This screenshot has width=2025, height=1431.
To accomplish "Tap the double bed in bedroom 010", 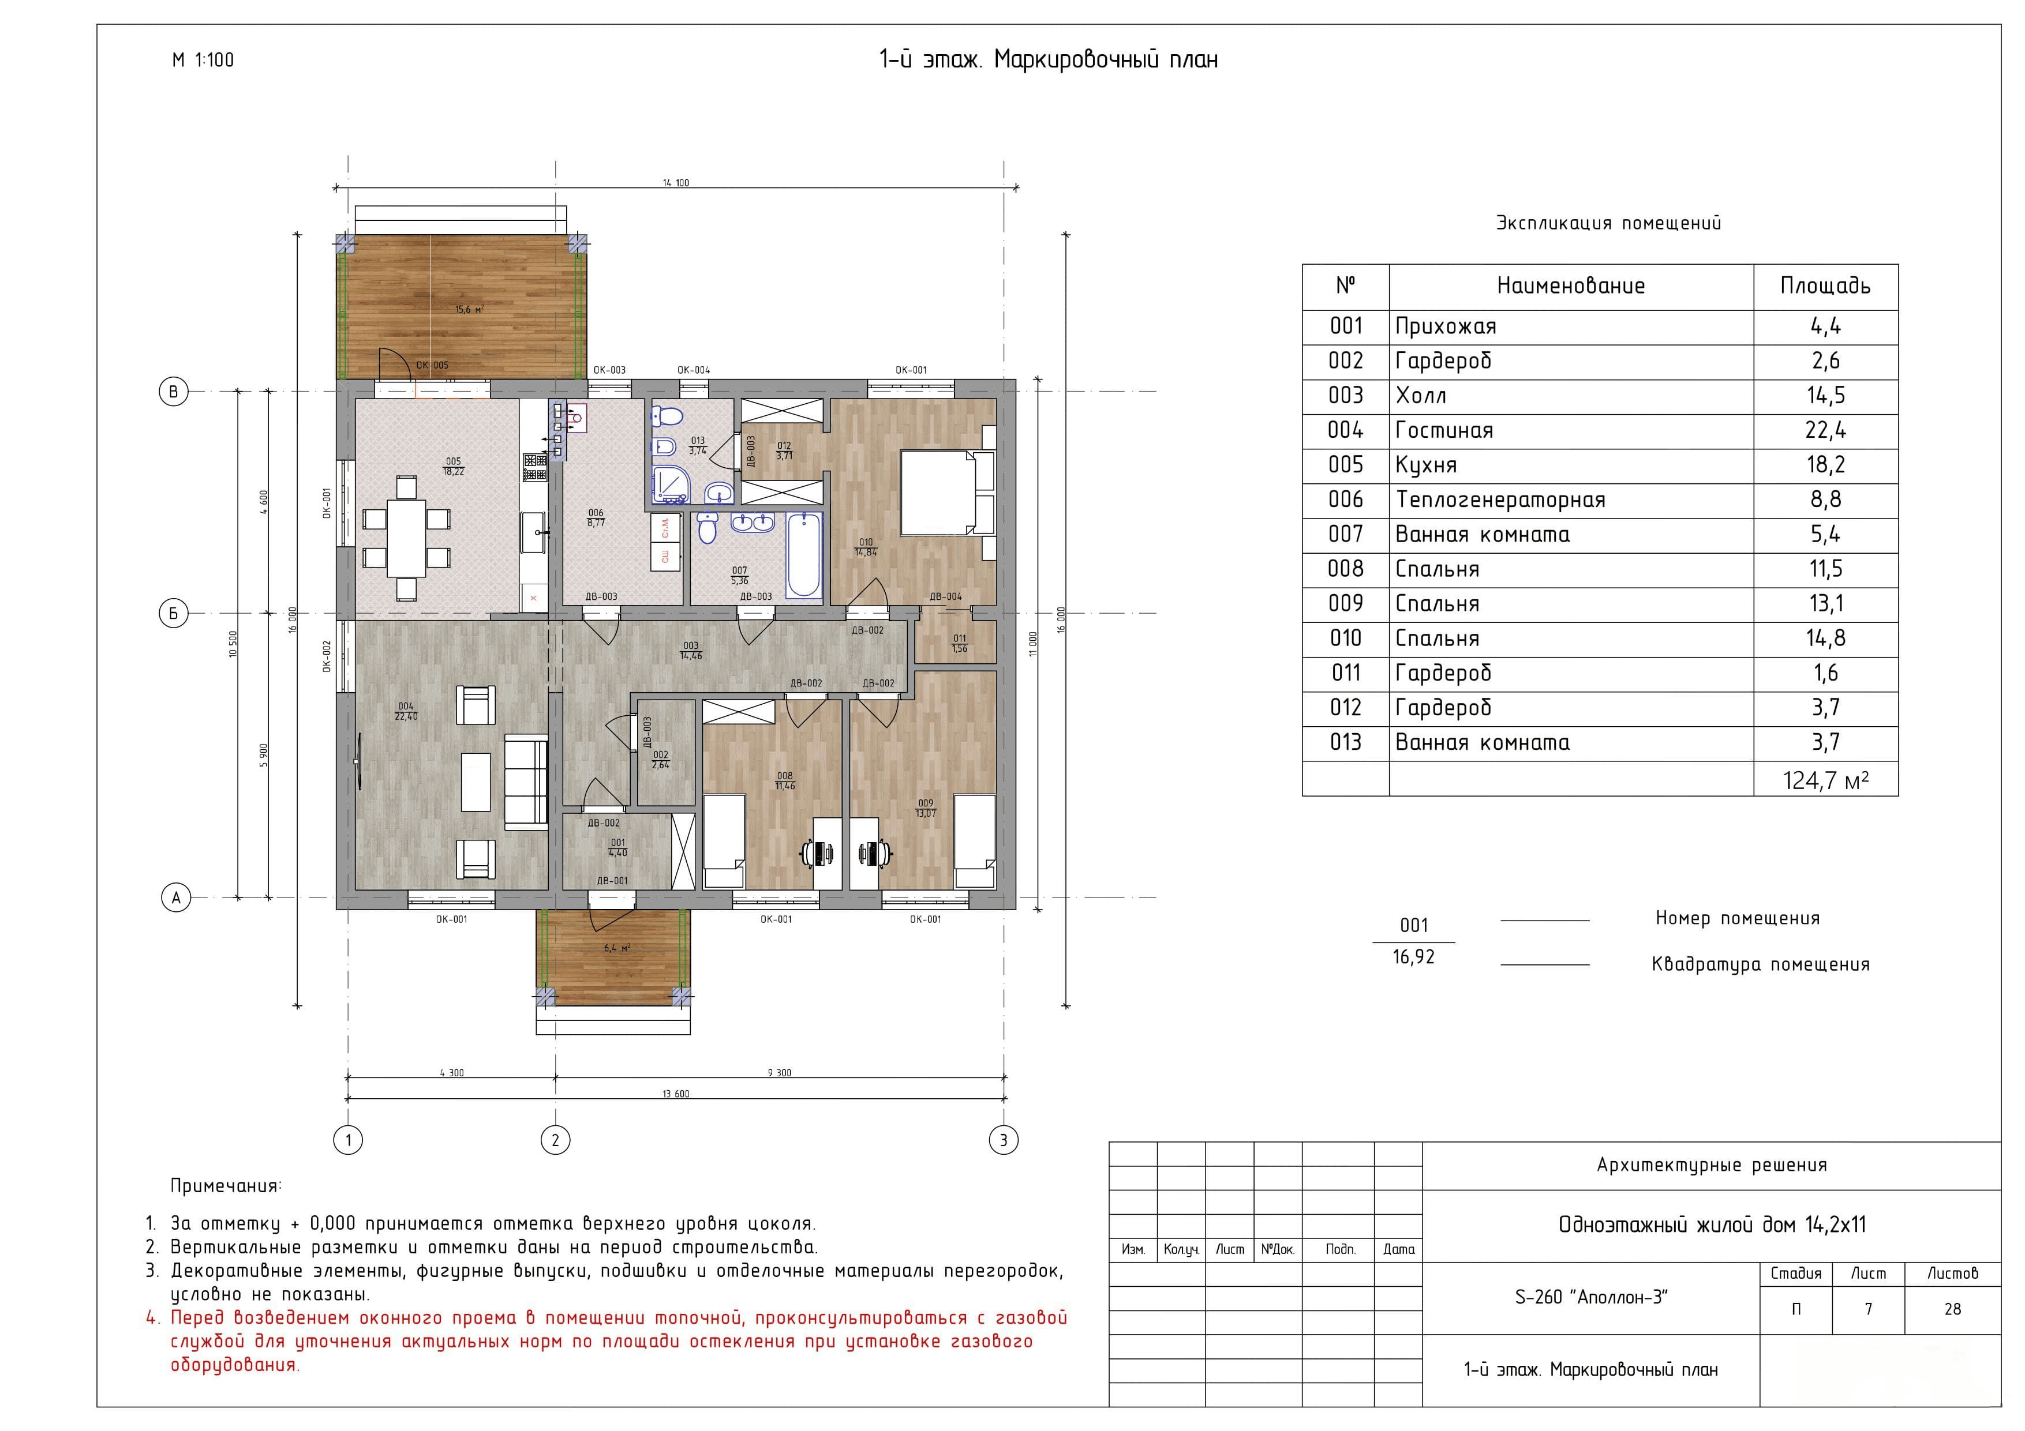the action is (946, 492).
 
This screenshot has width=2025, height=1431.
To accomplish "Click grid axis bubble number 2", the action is (555, 1140).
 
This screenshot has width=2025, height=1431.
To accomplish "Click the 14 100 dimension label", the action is (676, 182).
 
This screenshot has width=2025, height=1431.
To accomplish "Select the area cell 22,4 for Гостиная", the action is (1825, 430).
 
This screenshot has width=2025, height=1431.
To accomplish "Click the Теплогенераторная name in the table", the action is (1499, 500).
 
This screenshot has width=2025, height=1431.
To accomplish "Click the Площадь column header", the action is (1825, 286).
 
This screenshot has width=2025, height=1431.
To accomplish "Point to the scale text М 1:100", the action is (203, 60).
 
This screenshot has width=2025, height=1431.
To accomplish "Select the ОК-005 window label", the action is (432, 365).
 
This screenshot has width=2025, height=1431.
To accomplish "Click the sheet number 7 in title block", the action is (1868, 1309).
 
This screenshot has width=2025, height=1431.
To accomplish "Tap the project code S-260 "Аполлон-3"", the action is (1591, 1297).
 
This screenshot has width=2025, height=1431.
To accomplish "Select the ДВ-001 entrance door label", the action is (612, 881).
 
